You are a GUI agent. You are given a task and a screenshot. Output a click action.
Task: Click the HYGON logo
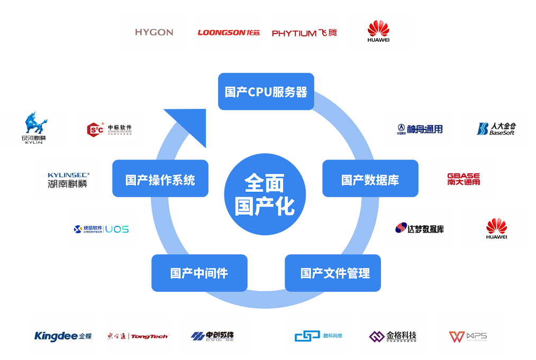tap(154, 32)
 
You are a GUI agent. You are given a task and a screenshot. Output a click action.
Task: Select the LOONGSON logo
tap(229, 32)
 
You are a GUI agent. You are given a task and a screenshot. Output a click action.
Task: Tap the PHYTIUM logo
tap(304, 33)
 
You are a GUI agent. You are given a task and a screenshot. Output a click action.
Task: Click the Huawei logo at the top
tap(378, 31)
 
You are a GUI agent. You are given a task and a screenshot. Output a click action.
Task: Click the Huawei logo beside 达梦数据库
tap(496, 228)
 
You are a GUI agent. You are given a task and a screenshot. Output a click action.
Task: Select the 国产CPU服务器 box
tap(266, 91)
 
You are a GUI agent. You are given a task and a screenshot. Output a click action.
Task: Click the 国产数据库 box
tap(370, 179)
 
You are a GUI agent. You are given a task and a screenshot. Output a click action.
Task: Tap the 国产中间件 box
tap(199, 273)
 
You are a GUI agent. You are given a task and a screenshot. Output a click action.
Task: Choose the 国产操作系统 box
tap(160, 179)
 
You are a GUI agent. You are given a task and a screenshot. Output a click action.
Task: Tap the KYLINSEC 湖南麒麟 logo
tap(68, 180)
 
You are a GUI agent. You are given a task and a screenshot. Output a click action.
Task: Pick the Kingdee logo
tap(63, 336)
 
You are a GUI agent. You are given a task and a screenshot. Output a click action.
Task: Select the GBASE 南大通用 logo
tap(464, 179)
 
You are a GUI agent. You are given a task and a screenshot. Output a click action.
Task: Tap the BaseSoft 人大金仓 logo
tap(496, 128)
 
